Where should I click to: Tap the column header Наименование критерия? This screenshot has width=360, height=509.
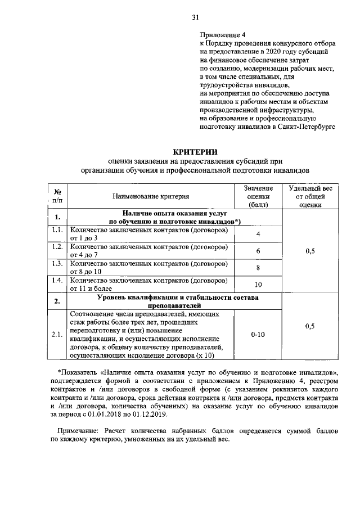coord(150,196)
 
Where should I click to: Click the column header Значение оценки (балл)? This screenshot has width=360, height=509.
coord(258,196)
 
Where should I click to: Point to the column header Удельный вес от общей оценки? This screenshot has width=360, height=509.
coord(310,196)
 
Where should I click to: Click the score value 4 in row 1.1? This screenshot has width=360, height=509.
coord(258,234)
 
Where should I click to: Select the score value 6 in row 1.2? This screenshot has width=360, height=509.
coord(258,251)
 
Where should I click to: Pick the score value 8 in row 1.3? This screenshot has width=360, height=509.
coord(258,268)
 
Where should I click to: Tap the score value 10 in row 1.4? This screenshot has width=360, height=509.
coord(258,285)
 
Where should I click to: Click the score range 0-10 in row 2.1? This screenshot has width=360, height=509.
coord(258,334)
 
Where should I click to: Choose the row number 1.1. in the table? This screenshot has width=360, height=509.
coord(57,231)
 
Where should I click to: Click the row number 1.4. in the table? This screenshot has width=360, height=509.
coord(57,280)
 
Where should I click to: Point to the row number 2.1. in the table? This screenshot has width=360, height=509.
coord(57,335)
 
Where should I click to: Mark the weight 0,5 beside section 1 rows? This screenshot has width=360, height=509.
coord(310,251)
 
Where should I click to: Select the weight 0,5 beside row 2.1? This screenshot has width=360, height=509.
coord(310,326)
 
